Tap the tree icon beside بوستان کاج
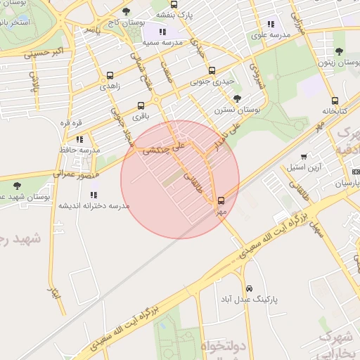tap(126, 11)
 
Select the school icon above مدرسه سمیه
tap(163, 32)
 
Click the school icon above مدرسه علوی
tap(271, 25)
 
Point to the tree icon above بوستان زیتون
tap(340, 51)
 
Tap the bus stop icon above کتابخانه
tap(335, 100)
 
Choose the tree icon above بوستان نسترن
tap(236, 98)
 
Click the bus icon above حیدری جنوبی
tap(212, 70)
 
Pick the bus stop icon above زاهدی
tap(110, 75)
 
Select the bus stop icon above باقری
tap(141, 105)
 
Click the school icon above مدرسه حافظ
tap(79, 139)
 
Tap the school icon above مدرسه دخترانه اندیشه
tap(94, 195)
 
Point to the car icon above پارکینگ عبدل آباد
tap(249, 288)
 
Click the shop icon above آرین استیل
tap(304, 157)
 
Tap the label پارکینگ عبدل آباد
tap(249, 300)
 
